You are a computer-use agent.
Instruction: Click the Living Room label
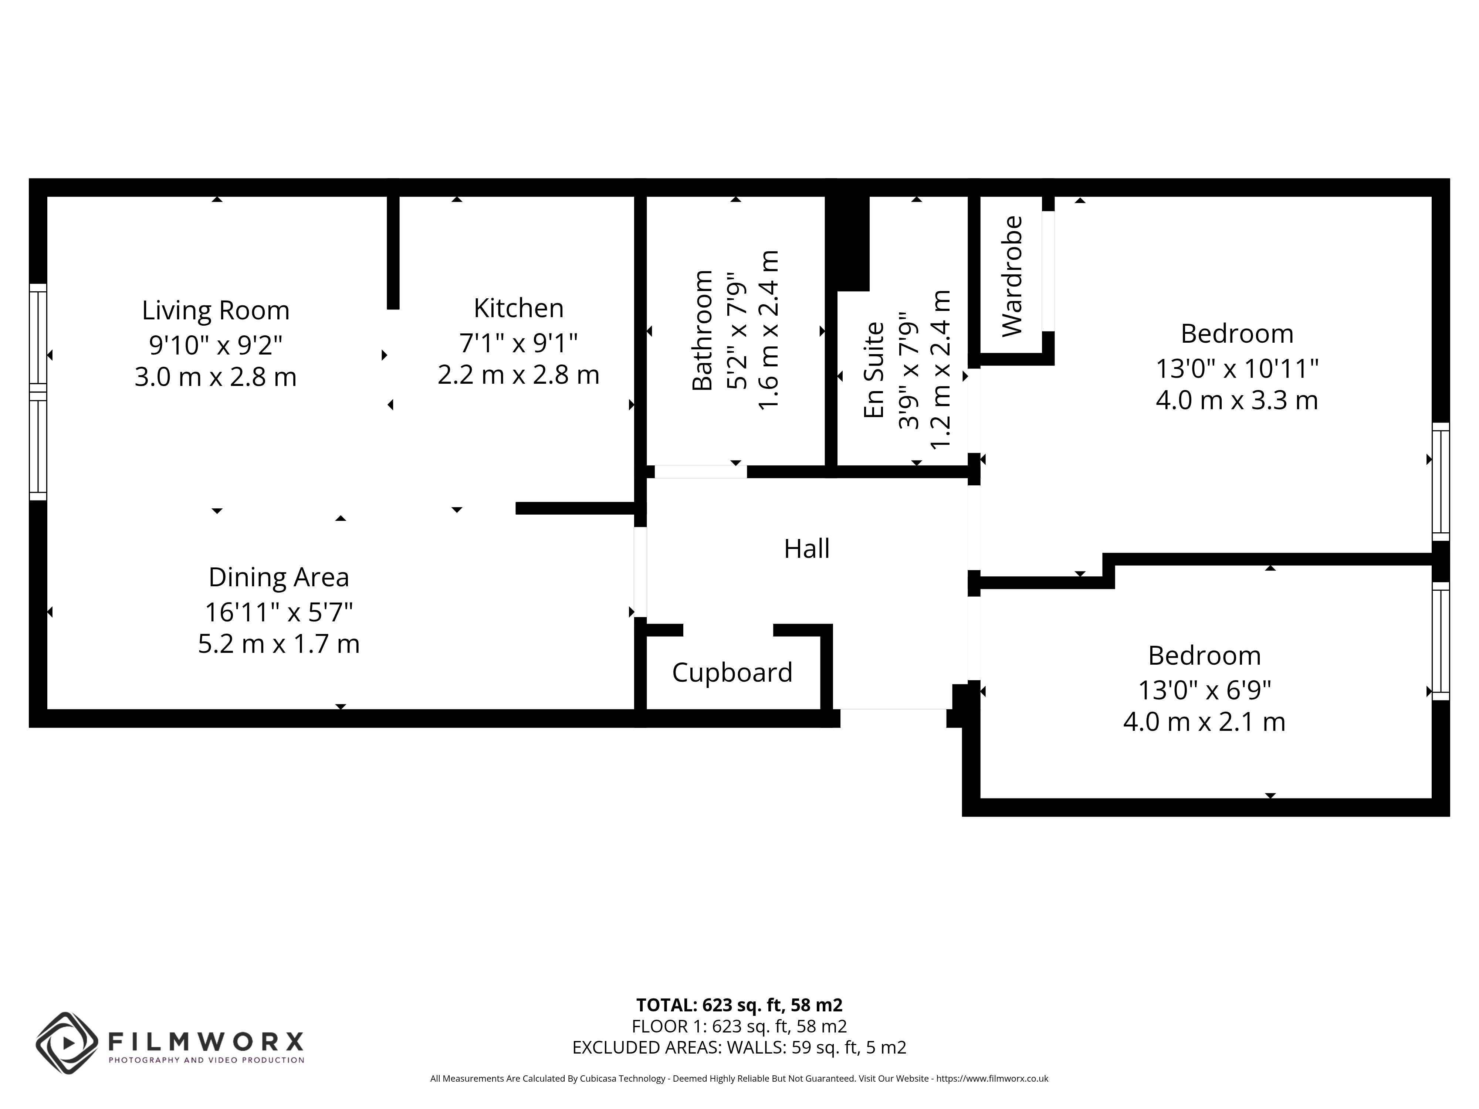pos(215,310)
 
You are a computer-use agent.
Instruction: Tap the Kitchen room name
pos(518,308)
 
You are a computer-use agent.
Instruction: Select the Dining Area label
pos(279,577)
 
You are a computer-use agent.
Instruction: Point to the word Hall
pos(806,549)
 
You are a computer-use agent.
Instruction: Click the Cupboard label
pos(732,672)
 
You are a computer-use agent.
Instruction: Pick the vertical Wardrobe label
pos(1012,276)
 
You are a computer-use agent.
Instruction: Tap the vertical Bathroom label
pos(702,330)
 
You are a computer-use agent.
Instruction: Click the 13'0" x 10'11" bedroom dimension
pos(1237,368)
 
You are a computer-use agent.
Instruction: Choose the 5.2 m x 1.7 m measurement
pos(279,644)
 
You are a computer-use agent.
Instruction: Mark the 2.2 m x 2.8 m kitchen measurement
pos(518,374)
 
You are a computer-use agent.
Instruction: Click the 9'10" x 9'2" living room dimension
pos(215,345)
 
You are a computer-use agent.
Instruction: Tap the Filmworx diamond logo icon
pos(67,1044)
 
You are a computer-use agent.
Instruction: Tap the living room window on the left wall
pos(38,392)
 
